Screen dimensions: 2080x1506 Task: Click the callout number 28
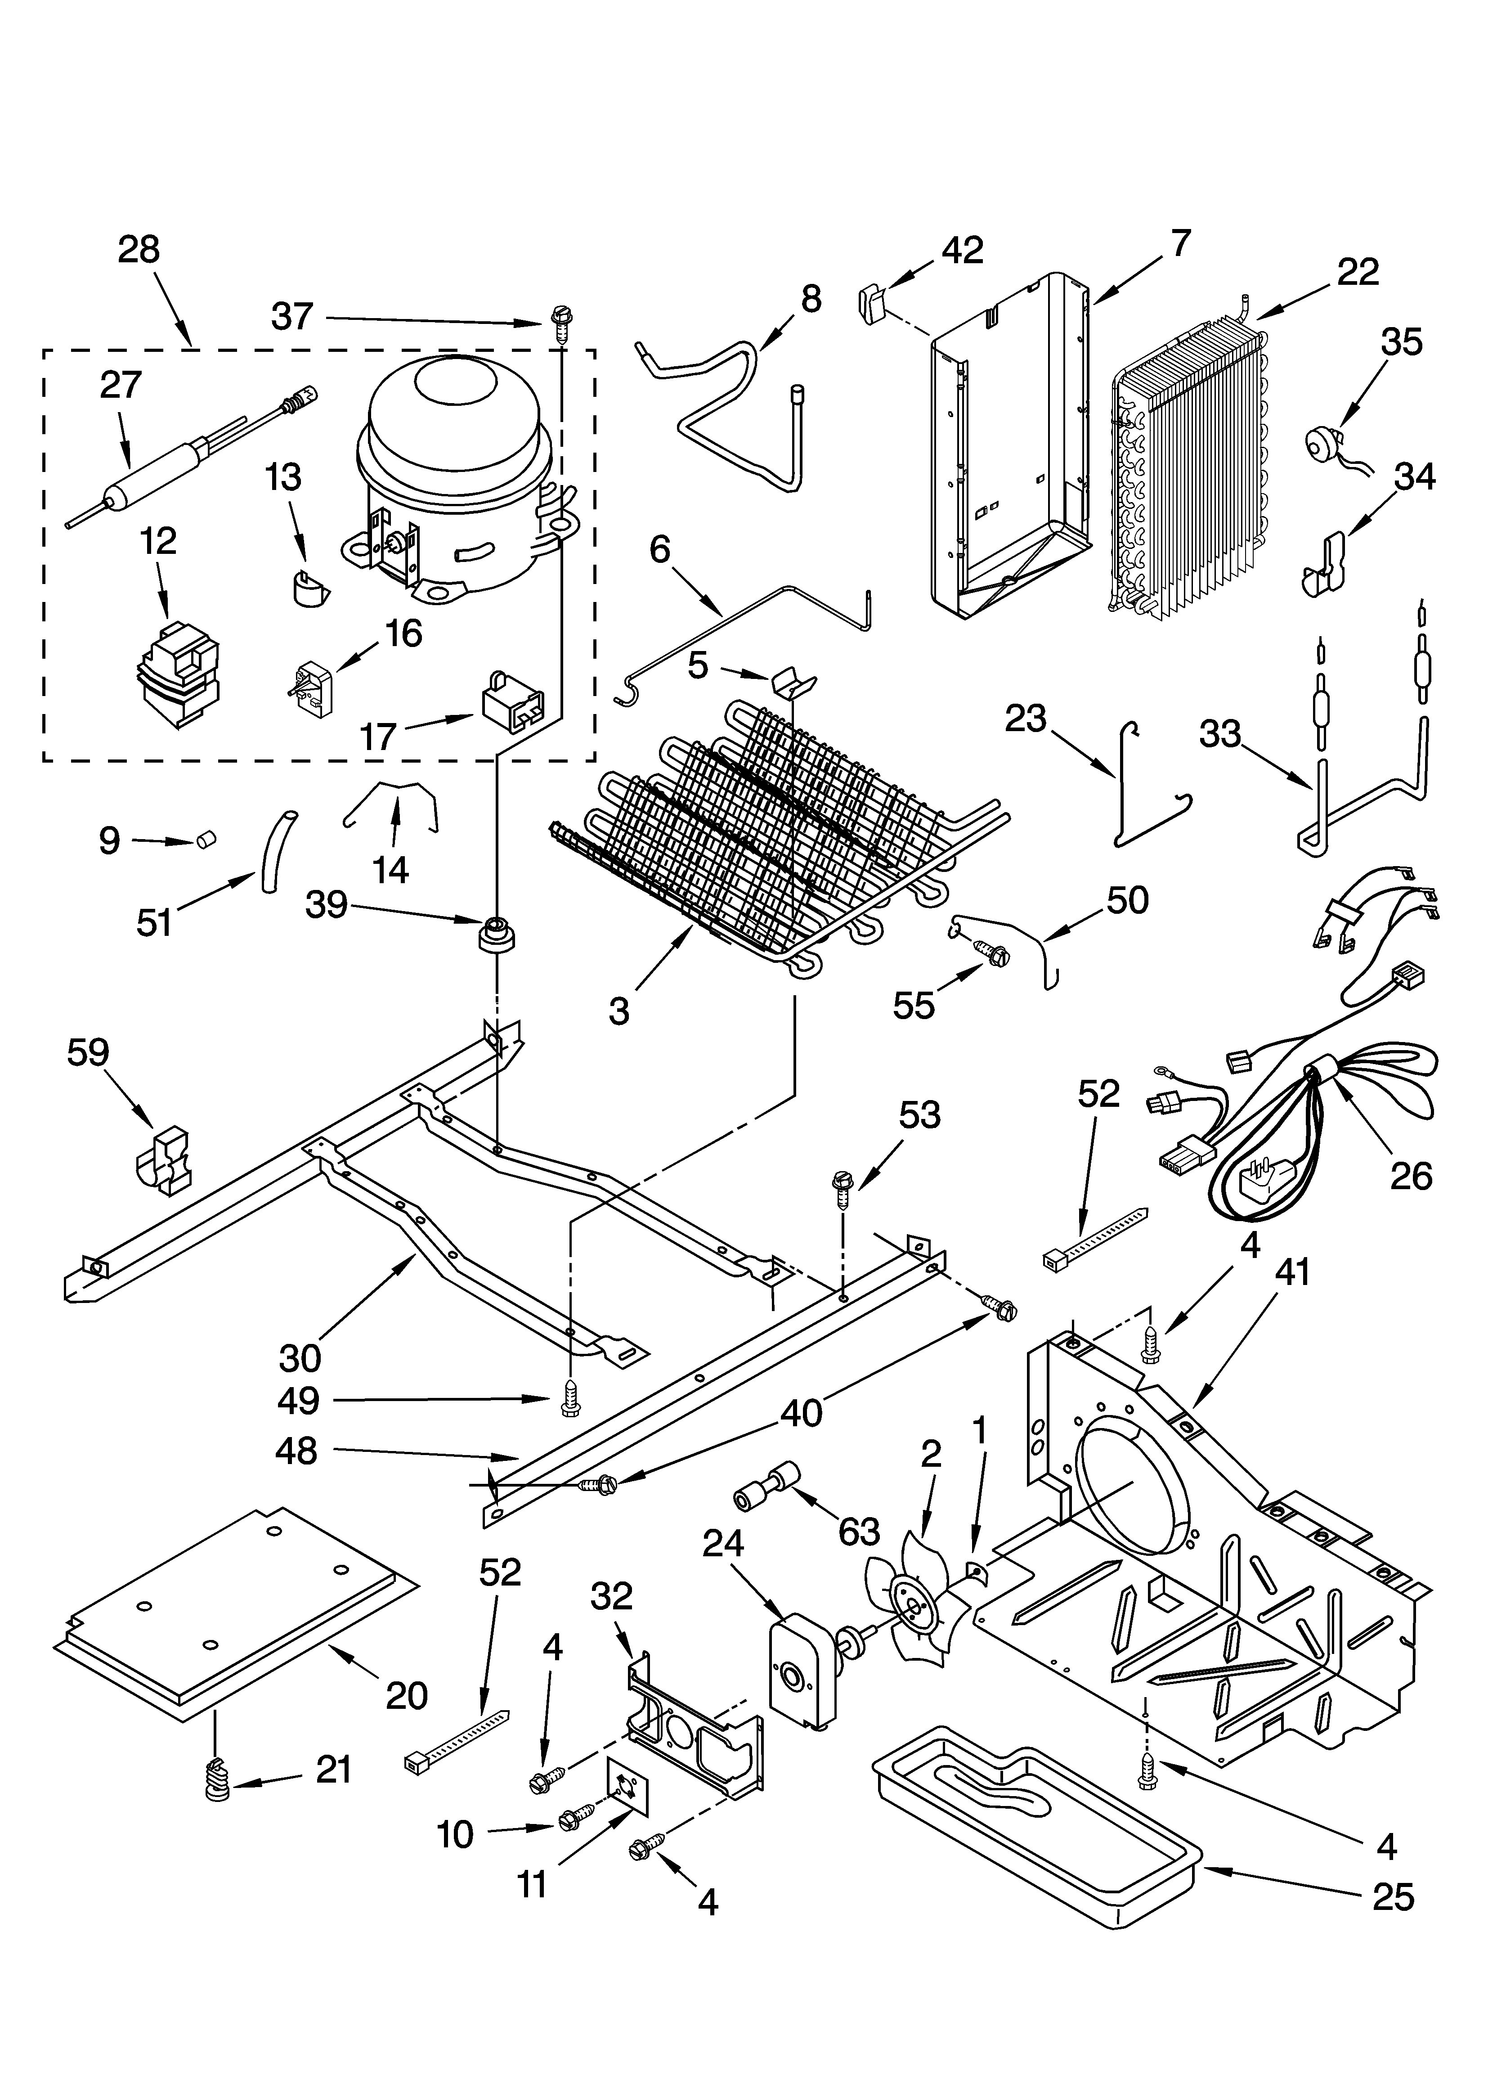click(139, 249)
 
